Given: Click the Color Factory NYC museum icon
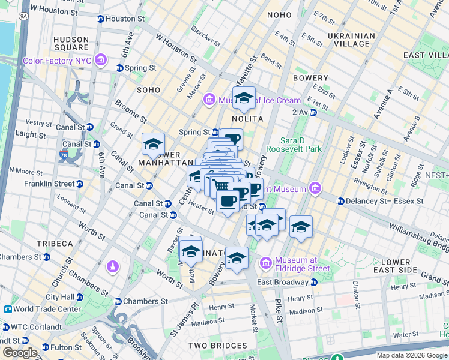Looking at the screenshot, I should [x=100, y=61].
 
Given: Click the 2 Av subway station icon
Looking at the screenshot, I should [x=313, y=112].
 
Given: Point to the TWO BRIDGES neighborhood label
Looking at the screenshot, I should [x=217, y=346].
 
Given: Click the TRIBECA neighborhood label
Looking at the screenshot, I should [x=55, y=244].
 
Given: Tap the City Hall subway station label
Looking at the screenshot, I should [x=60, y=296].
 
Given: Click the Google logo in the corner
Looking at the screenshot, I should [x=19, y=352].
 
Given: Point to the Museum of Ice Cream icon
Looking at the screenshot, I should [x=209, y=99].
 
